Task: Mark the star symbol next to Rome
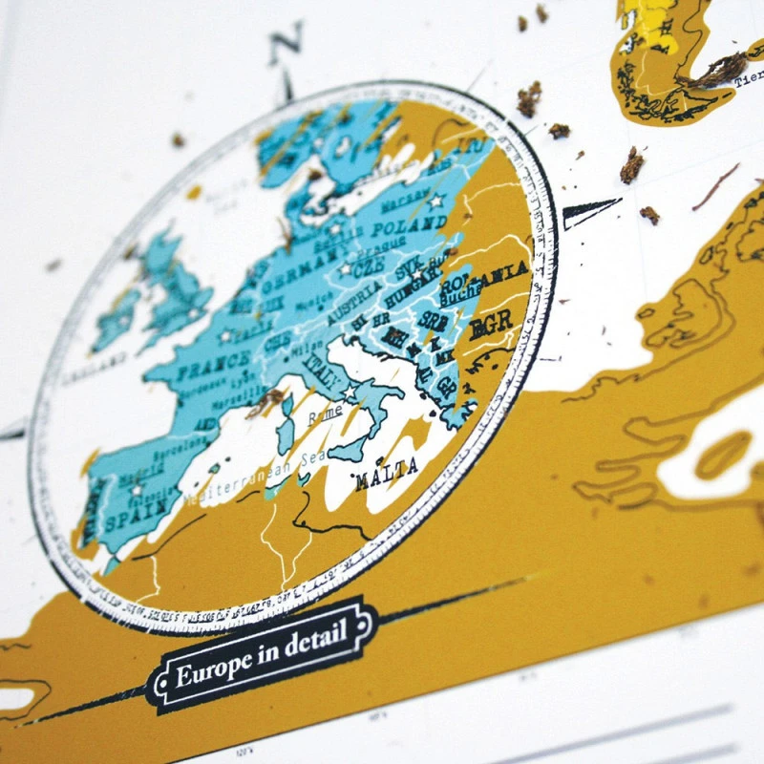(350, 393)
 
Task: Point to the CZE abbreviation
(367, 271)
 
